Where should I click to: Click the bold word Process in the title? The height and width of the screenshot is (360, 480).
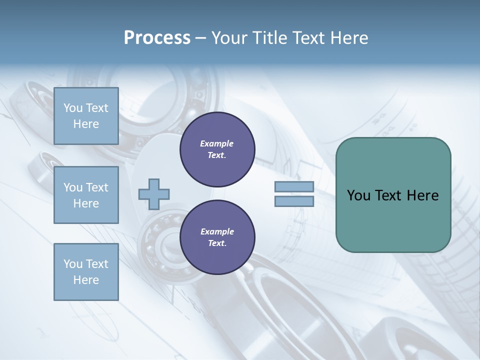click(x=157, y=38)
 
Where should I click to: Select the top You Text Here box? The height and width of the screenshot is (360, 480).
click(x=86, y=116)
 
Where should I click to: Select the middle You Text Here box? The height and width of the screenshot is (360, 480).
click(x=86, y=195)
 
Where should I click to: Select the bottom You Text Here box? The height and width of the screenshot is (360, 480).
click(x=86, y=272)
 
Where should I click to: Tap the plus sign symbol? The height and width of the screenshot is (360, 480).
click(x=154, y=194)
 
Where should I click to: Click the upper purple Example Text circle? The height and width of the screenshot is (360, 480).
click(x=217, y=149)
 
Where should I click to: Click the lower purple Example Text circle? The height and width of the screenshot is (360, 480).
click(x=217, y=237)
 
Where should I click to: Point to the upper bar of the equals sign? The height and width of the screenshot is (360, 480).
click(x=294, y=187)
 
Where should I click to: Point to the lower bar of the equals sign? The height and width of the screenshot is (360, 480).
click(x=294, y=201)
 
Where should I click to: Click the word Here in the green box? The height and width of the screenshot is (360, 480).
click(x=422, y=195)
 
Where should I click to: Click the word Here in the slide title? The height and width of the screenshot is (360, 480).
click(x=348, y=38)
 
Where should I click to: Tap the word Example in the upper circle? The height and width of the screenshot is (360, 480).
click(x=217, y=144)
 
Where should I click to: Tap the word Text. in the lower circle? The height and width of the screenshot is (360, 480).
click(x=217, y=243)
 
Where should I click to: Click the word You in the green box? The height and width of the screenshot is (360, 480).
click(x=358, y=195)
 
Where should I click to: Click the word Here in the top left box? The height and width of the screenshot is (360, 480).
click(x=86, y=124)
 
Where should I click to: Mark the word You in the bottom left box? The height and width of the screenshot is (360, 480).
click(x=73, y=264)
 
